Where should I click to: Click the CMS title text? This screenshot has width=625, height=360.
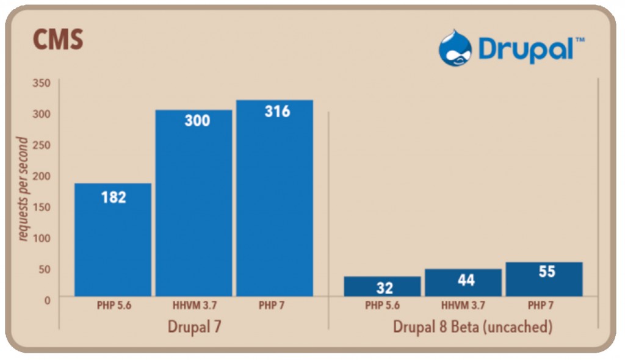coord(57,41)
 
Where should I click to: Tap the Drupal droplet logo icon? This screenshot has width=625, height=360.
coord(455,48)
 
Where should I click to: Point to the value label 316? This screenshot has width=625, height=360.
coord(277,112)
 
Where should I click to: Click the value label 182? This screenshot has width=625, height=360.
coord(114,197)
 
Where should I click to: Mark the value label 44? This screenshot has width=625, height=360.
coord(466,281)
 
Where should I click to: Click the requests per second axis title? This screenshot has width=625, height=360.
coord(23,189)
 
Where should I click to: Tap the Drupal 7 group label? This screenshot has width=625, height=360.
coord(194,327)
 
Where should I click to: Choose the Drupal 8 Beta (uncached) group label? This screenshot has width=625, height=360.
coord(472,327)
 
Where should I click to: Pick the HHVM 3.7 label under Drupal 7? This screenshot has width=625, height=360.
coord(194,306)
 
